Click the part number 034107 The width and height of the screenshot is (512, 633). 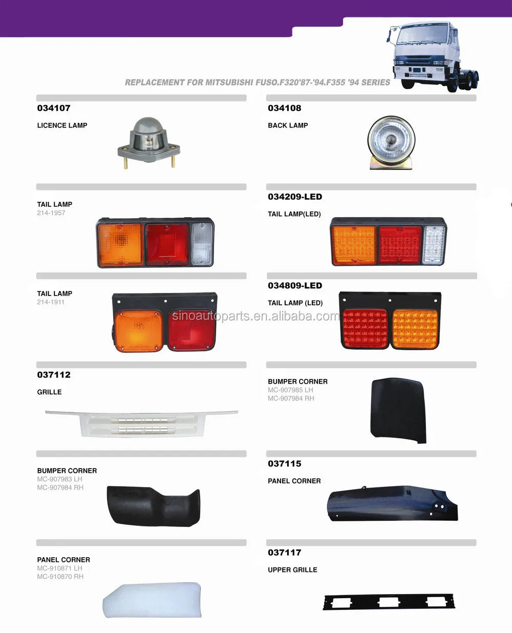[x=54, y=108]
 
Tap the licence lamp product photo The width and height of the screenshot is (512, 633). [x=148, y=143]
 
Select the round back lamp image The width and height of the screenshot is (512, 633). [x=391, y=142]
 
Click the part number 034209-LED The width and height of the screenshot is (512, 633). [x=295, y=197]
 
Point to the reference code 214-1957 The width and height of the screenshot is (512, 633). [x=51, y=213]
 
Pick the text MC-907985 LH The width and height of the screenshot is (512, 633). [x=290, y=390]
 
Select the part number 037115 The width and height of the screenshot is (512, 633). [x=285, y=463]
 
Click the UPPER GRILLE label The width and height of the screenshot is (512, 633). [x=292, y=570]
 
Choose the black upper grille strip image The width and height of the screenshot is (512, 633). [x=389, y=602]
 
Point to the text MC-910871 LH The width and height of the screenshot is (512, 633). [x=59, y=568]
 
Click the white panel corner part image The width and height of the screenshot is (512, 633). [x=152, y=600]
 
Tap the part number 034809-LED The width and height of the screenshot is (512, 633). [x=295, y=286]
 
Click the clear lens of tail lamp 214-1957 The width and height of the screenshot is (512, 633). [x=202, y=244]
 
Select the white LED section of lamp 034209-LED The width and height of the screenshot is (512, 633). [x=434, y=245]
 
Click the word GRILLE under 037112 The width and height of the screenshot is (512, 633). [x=49, y=392]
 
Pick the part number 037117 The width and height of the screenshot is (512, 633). [x=285, y=553]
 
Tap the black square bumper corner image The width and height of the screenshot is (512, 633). [x=398, y=410]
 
